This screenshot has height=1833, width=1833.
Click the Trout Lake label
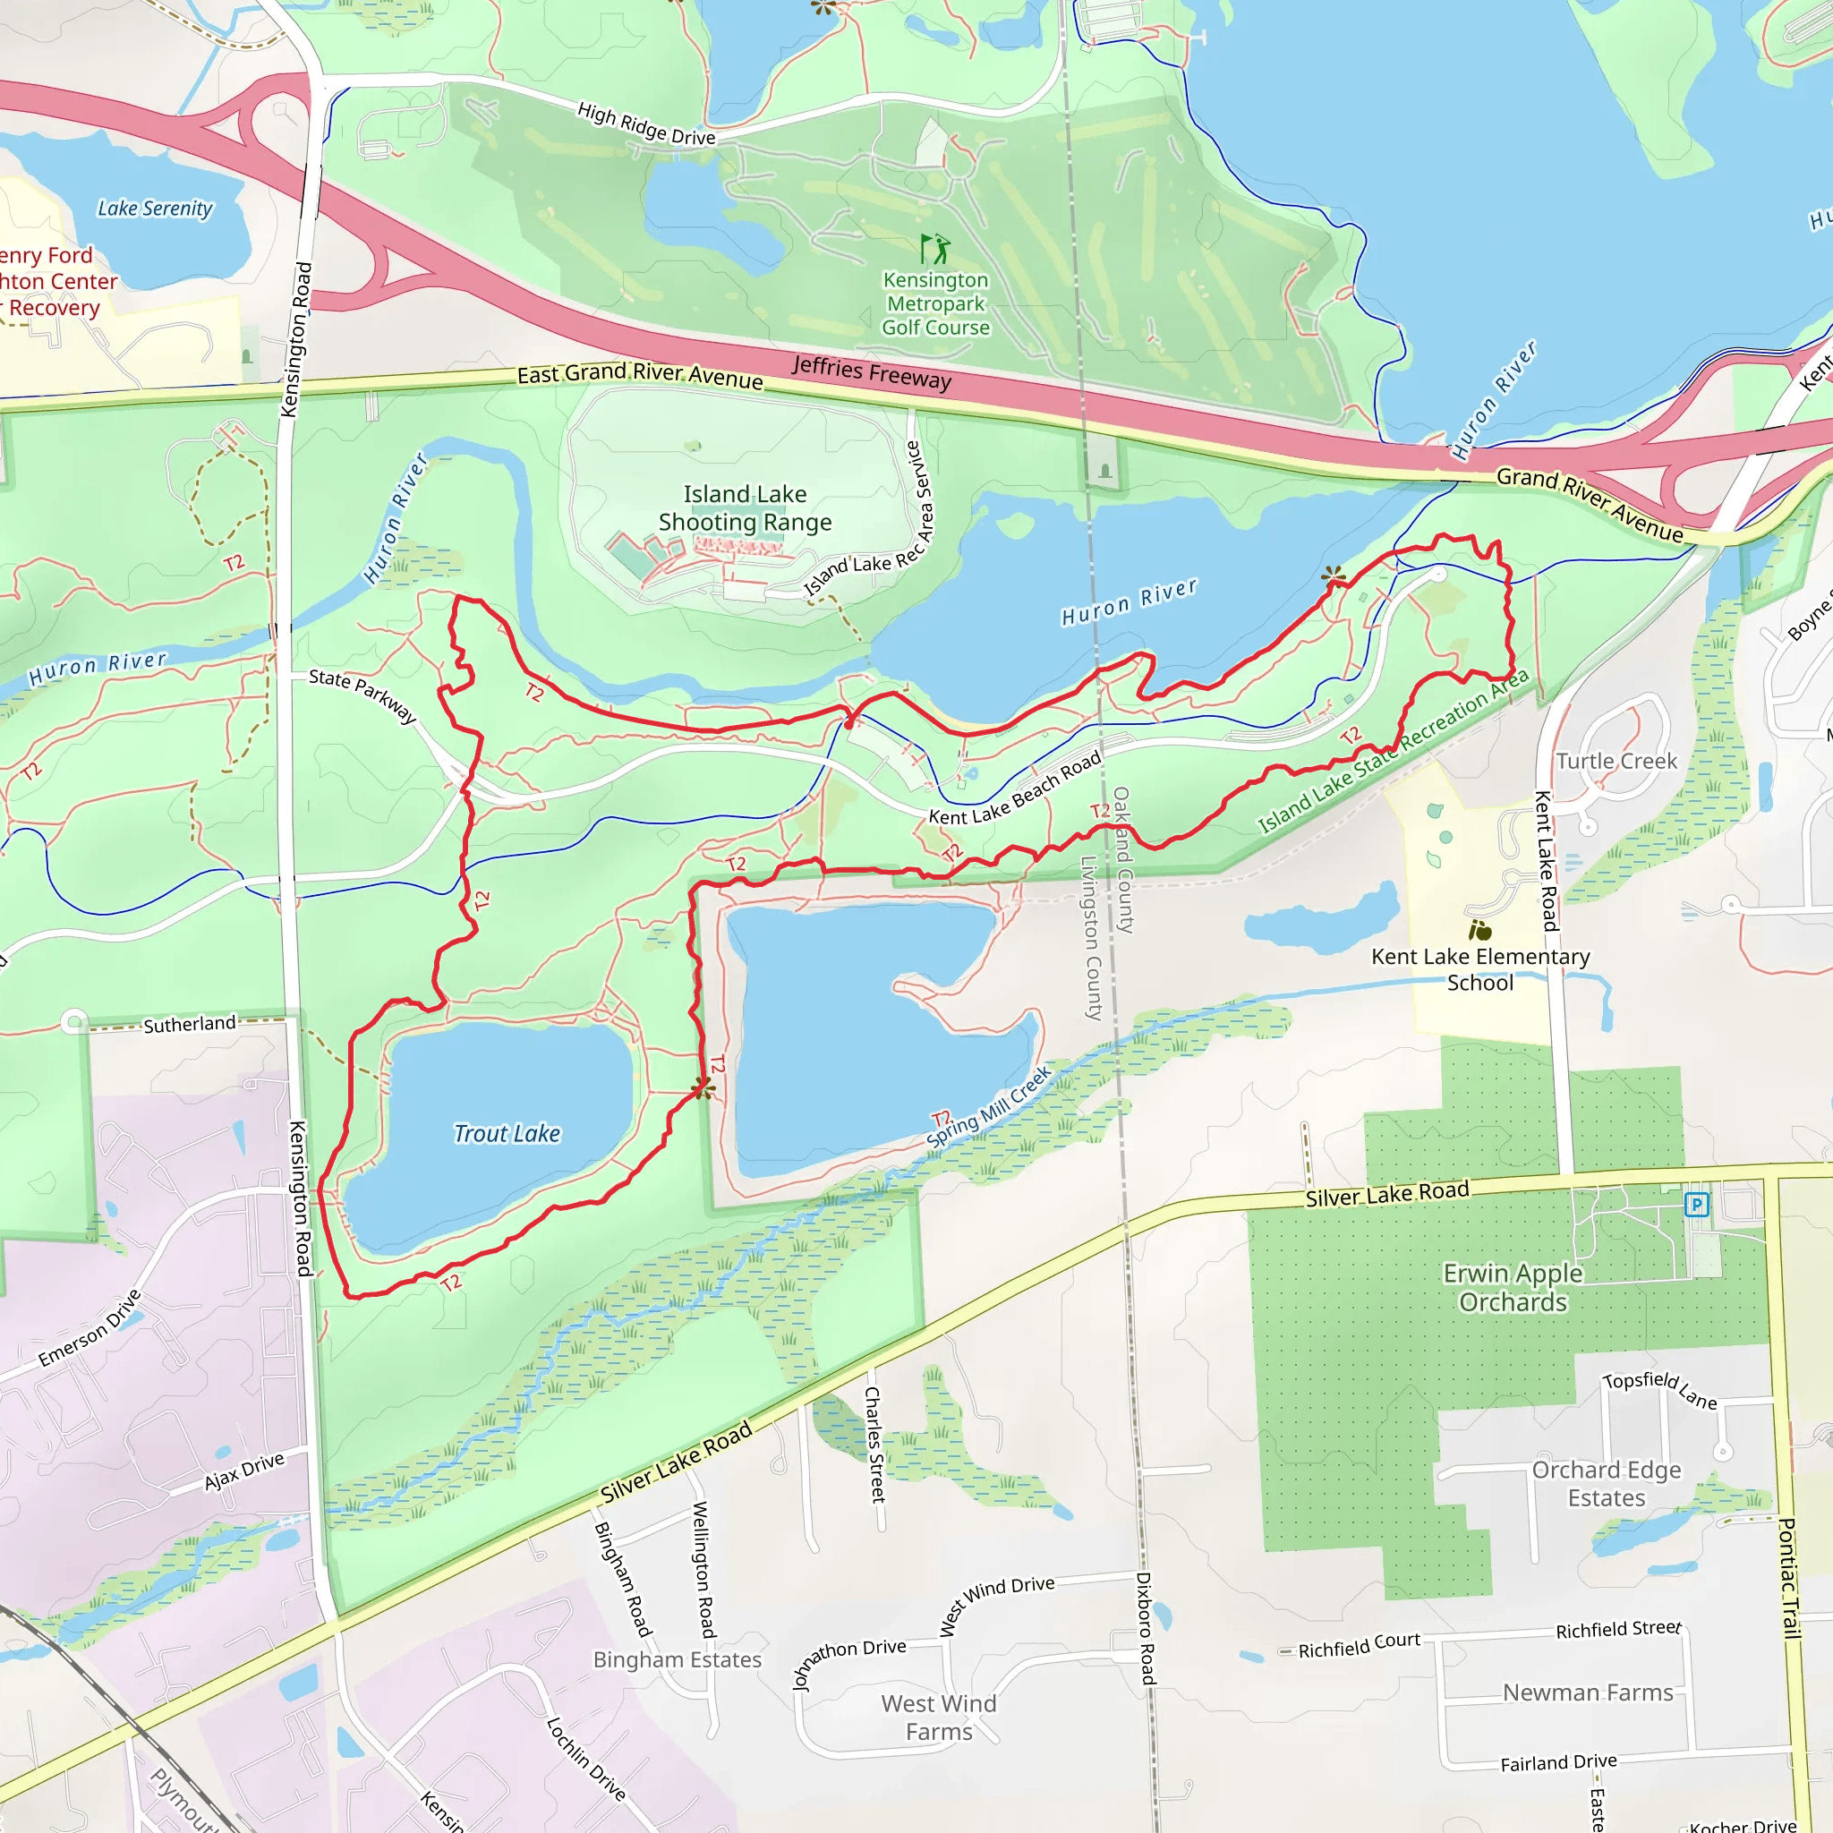click(x=507, y=1134)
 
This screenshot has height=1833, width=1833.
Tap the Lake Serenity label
click(x=156, y=209)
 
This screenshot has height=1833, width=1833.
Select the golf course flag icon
click(x=934, y=249)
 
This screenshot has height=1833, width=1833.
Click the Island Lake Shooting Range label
click(x=745, y=508)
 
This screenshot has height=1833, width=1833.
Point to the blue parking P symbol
click(x=1695, y=1205)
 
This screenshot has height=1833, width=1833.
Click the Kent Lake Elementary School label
click(x=1480, y=969)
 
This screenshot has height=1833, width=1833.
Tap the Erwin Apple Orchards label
click(x=1513, y=1287)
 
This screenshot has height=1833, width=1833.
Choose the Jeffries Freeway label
click(x=871, y=372)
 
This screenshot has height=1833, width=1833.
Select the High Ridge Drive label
click(x=646, y=124)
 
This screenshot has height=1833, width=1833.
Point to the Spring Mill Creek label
click(x=990, y=1106)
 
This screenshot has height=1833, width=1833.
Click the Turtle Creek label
click(x=1616, y=761)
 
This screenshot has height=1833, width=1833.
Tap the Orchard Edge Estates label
click(x=1606, y=1484)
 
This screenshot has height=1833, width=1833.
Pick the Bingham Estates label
click(x=678, y=1659)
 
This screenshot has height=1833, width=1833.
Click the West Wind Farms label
click(x=938, y=1718)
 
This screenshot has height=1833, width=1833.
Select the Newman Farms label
click(x=1587, y=1692)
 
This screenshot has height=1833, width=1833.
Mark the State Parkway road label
click(x=362, y=695)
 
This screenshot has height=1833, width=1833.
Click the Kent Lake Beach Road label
click(x=1014, y=789)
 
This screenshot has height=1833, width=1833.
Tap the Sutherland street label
click(x=189, y=1024)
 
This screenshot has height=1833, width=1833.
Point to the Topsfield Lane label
click(x=1659, y=1390)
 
